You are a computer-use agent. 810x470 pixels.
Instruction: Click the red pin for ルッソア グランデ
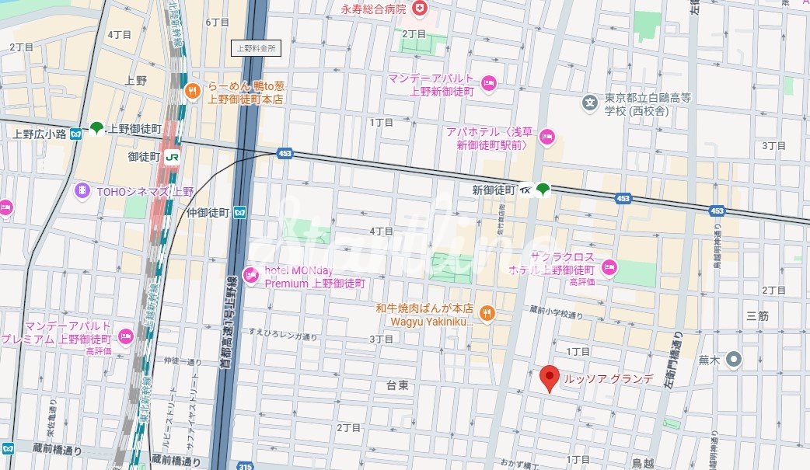coord(550,378)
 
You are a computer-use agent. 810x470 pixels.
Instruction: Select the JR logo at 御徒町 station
coord(172,157)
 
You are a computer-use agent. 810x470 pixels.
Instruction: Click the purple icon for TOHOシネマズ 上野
coord(82,190)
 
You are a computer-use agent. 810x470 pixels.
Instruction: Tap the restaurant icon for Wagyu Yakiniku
coord(487,313)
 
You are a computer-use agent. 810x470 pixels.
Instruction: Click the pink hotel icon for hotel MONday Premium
coord(251,274)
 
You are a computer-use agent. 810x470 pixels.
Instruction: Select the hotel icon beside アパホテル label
coord(546,138)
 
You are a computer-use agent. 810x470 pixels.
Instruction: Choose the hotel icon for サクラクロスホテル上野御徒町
coord(609,268)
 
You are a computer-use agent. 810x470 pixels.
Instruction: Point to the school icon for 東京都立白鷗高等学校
coord(591,102)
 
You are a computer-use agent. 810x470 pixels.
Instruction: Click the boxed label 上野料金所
coord(257,48)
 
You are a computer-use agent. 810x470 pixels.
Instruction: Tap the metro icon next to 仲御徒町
coord(240,211)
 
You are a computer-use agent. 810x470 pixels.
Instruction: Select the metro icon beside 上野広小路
coord(75,134)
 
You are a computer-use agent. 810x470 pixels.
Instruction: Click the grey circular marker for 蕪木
coord(734,360)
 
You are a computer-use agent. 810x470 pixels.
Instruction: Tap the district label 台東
coord(397,385)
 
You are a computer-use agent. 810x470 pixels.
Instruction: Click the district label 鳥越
coord(642,463)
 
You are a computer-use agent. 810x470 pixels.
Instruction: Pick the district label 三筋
coord(756,316)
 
